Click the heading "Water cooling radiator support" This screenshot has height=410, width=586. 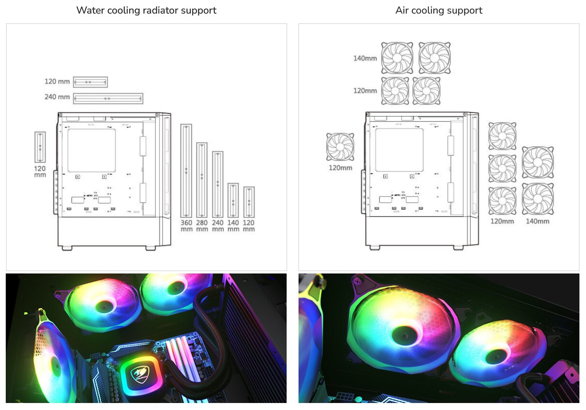pyautogui.click(x=146, y=10)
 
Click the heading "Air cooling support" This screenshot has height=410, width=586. pyautogui.click(x=439, y=10)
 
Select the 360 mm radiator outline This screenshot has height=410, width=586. pyautogui.click(x=186, y=171)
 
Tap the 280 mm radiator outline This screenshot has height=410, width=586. pyautogui.click(x=202, y=180)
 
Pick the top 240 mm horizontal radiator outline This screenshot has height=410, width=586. pyautogui.click(x=108, y=99)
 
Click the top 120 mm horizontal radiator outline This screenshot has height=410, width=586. pyautogui.click(x=90, y=82)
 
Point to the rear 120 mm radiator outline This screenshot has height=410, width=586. pyautogui.click(x=40, y=147)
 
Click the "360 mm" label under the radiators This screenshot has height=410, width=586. pyautogui.click(x=186, y=226)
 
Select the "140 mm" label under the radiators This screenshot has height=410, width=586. pyautogui.click(x=233, y=226)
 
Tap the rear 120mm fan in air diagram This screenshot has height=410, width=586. pyautogui.click(x=340, y=147)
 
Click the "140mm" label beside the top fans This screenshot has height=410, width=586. pyautogui.click(x=365, y=58)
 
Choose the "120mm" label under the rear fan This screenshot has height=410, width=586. pyautogui.click(x=340, y=168)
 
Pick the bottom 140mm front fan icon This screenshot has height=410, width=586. pyautogui.click(x=538, y=199)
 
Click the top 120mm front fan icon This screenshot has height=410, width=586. pyautogui.click(x=502, y=136)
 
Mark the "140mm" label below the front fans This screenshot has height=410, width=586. pyautogui.click(x=537, y=221)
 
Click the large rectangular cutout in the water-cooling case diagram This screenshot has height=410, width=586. pyautogui.click(x=92, y=151)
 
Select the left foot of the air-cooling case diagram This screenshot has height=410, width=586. pyautogui.click(x=375, y=248)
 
